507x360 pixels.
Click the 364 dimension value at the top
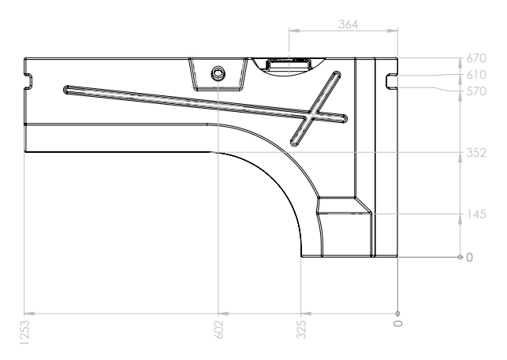[349, 24]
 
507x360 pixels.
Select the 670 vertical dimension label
[476, 58]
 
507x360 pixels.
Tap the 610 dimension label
[476, 75]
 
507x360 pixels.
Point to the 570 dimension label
[476, 91]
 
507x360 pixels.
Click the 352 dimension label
[476, 153]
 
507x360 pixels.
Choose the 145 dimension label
[477, 214]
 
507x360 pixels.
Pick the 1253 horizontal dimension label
[24, 332]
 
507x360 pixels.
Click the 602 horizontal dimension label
[219, 329]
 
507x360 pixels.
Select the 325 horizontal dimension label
[301, 329]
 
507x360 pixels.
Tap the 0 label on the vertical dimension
[469, 258]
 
